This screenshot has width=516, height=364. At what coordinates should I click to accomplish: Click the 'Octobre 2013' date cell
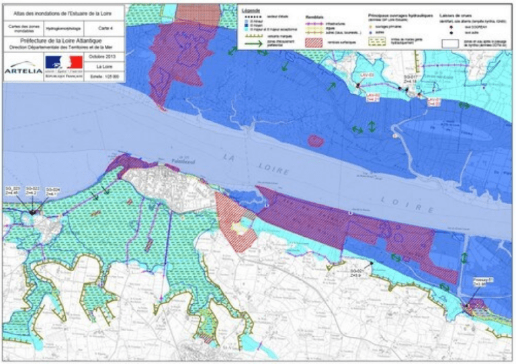click(x=103, y=57)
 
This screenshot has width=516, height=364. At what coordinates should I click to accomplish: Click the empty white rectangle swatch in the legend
click(x=453, y=42)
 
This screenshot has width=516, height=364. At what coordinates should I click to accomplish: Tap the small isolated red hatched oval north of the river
click(x=316, y=141)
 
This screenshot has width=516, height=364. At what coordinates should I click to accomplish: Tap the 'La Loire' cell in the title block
click(x=103, y=67)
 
